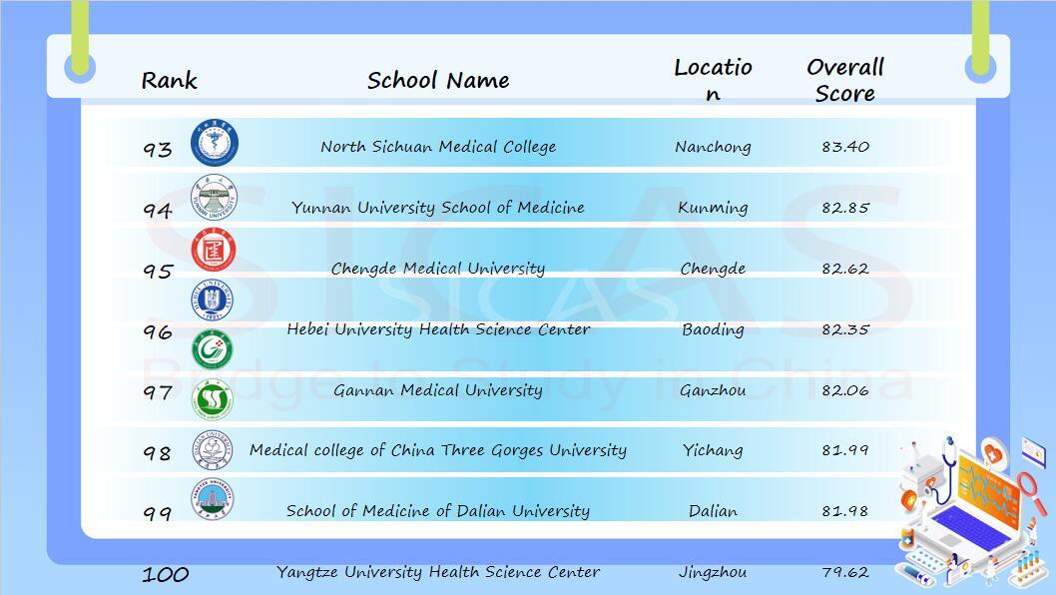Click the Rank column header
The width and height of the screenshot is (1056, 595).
point(169,80)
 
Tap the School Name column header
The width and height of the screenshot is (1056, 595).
point(438,80)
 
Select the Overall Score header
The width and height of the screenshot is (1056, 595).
point(845,80)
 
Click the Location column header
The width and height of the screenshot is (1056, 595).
point(713,80)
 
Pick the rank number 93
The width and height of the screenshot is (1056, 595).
point(158,149)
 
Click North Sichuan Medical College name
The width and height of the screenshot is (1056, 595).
point(438,146)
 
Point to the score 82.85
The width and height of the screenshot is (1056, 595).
point(845,208)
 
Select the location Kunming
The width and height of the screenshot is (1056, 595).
point(713,208)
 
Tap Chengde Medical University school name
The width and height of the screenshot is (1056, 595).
point(438,269)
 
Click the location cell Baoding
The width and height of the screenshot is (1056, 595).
point(713,329)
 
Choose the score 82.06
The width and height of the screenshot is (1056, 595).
point(845,390)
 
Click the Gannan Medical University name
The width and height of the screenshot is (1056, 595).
point(438,390)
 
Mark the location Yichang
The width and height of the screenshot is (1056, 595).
point(713,450)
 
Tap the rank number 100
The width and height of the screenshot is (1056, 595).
point(165,575)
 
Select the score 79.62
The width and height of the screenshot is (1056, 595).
point(845,572)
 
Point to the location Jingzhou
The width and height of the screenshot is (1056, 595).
point(713,572)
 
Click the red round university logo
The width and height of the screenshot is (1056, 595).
point(214,250)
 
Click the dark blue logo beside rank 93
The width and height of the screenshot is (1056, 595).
point(215,143)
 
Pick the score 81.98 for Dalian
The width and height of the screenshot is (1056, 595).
point(845,511)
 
